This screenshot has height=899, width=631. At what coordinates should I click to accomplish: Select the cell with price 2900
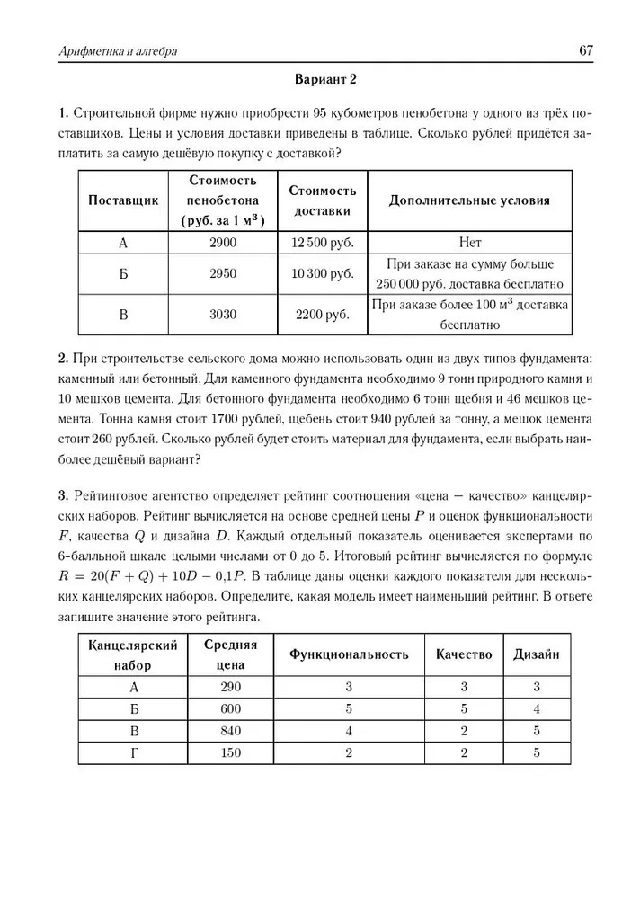pyautogui.click(x=221, y=242)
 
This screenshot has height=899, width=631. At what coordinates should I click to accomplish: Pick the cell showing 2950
pyautogui.click(x=221, y=274)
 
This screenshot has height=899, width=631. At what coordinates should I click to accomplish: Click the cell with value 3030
pyautogui.click(x=221, y=315)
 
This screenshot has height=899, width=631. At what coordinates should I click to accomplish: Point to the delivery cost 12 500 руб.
pyautogui.click(x=323, y=242)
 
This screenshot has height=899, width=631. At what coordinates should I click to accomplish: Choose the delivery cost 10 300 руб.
pyautogui.click(x=323, y=274)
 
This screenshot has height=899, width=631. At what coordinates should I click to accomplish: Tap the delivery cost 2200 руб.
pyautogui.click(x=323, y=315)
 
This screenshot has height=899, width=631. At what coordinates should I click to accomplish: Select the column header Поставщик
pyautogui.click(x=123, y=200)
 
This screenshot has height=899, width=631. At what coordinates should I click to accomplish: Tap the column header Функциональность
pyautogui.click(x=348, y=654)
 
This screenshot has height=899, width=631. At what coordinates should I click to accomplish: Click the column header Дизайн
pyautogui.click(x=536, y=654)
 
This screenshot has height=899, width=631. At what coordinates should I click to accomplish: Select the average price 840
pyautogui.click(x=231, y=730)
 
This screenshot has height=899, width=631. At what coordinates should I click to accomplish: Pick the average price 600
pyautogui.click(x=231, y=708)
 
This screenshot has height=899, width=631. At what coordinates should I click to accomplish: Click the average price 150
pyautogui.click(x=231, y=752)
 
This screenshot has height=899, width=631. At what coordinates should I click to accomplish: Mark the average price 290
pyautogui.click(x=231, y=687)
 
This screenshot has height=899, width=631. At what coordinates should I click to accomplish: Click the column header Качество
pyautogui.click(x=464, y=654)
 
